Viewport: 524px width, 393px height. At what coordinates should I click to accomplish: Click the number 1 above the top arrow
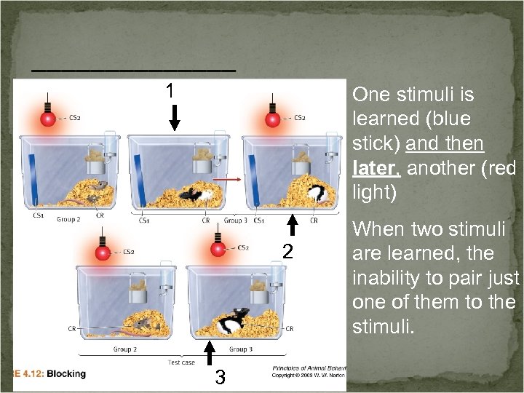(x=169, y=91)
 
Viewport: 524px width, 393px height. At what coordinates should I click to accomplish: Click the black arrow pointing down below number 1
(x=174, y=116)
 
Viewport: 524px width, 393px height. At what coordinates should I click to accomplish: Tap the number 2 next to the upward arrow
(x=287, y=252)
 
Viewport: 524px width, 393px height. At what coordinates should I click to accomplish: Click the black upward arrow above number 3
(x=210, y=352)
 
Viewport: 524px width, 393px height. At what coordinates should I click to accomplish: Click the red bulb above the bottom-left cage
(x=103, y=253)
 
